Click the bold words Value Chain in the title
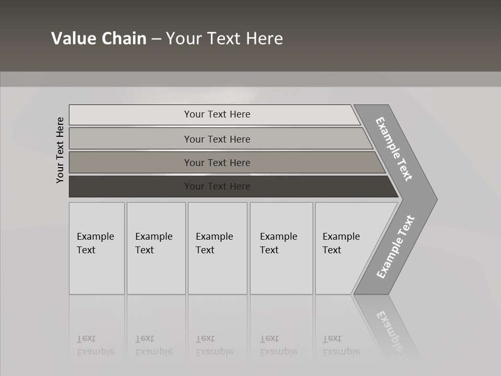(99, 38)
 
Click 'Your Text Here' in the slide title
(224, 38)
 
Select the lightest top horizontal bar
(130, 114)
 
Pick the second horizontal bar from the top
(130, 139)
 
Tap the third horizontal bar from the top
(130, 162)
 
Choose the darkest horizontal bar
(130, 186)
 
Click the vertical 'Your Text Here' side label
(60, 150)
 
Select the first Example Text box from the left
(97, 248)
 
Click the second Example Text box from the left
(156, 248)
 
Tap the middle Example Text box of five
(217, 248)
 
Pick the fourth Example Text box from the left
(281, 248)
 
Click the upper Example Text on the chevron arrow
(394, 149)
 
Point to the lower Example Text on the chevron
(395, 247)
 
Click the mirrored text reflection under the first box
(96, 345)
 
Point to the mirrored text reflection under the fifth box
(341, 345)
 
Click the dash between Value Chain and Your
(156, 39)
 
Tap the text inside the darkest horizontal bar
(217, 186)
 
